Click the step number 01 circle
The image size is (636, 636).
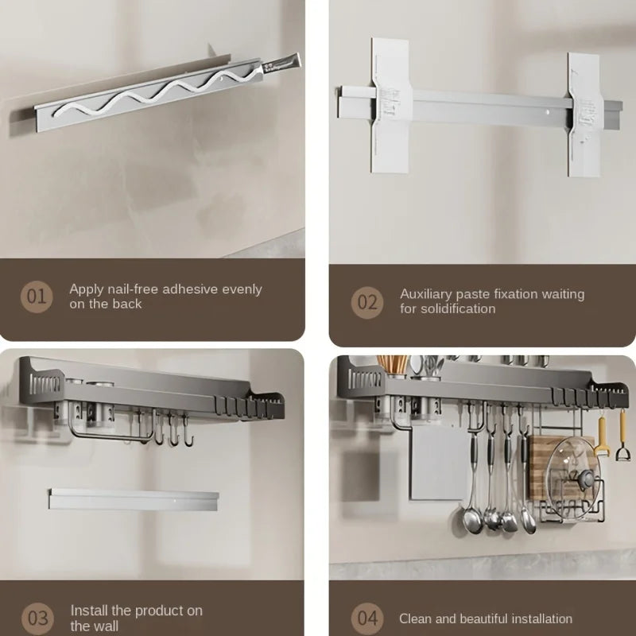37,297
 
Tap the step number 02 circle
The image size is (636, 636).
367,302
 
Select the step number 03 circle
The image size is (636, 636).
37,619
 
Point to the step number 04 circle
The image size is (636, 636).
367,619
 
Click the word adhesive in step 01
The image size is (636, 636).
190,289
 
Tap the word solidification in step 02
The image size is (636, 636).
458,308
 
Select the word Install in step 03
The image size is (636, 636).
89,611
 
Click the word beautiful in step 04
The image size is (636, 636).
493,619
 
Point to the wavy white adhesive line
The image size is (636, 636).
156,93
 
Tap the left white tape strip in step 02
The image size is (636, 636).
391,106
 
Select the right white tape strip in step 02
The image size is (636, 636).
584,114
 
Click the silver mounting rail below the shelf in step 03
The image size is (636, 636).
134,500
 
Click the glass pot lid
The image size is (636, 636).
572,479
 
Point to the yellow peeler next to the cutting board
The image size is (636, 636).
602,437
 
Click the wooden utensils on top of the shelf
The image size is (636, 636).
392,365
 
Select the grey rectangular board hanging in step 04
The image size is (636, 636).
439,463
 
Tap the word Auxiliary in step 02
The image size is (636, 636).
426,294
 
